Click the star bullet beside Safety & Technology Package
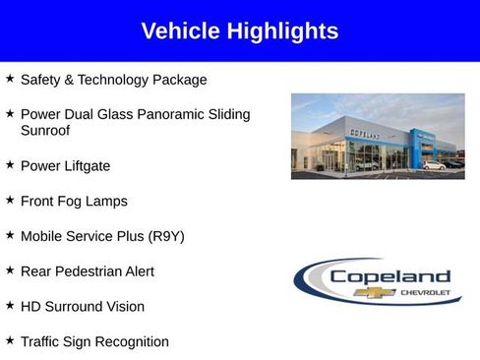tap(10, 78)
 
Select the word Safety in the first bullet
tap(41, 80)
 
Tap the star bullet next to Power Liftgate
tap(10, 164)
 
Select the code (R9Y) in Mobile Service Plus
tap(165, 236)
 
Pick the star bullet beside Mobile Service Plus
tap(10, 234)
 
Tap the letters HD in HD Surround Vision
tap(30, 307)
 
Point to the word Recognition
tap(131, 342)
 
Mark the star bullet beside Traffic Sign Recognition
tap(10, 340)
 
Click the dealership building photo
tap(378, 137)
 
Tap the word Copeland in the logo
tap(390, 276)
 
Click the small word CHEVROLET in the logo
tap(426, 292)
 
